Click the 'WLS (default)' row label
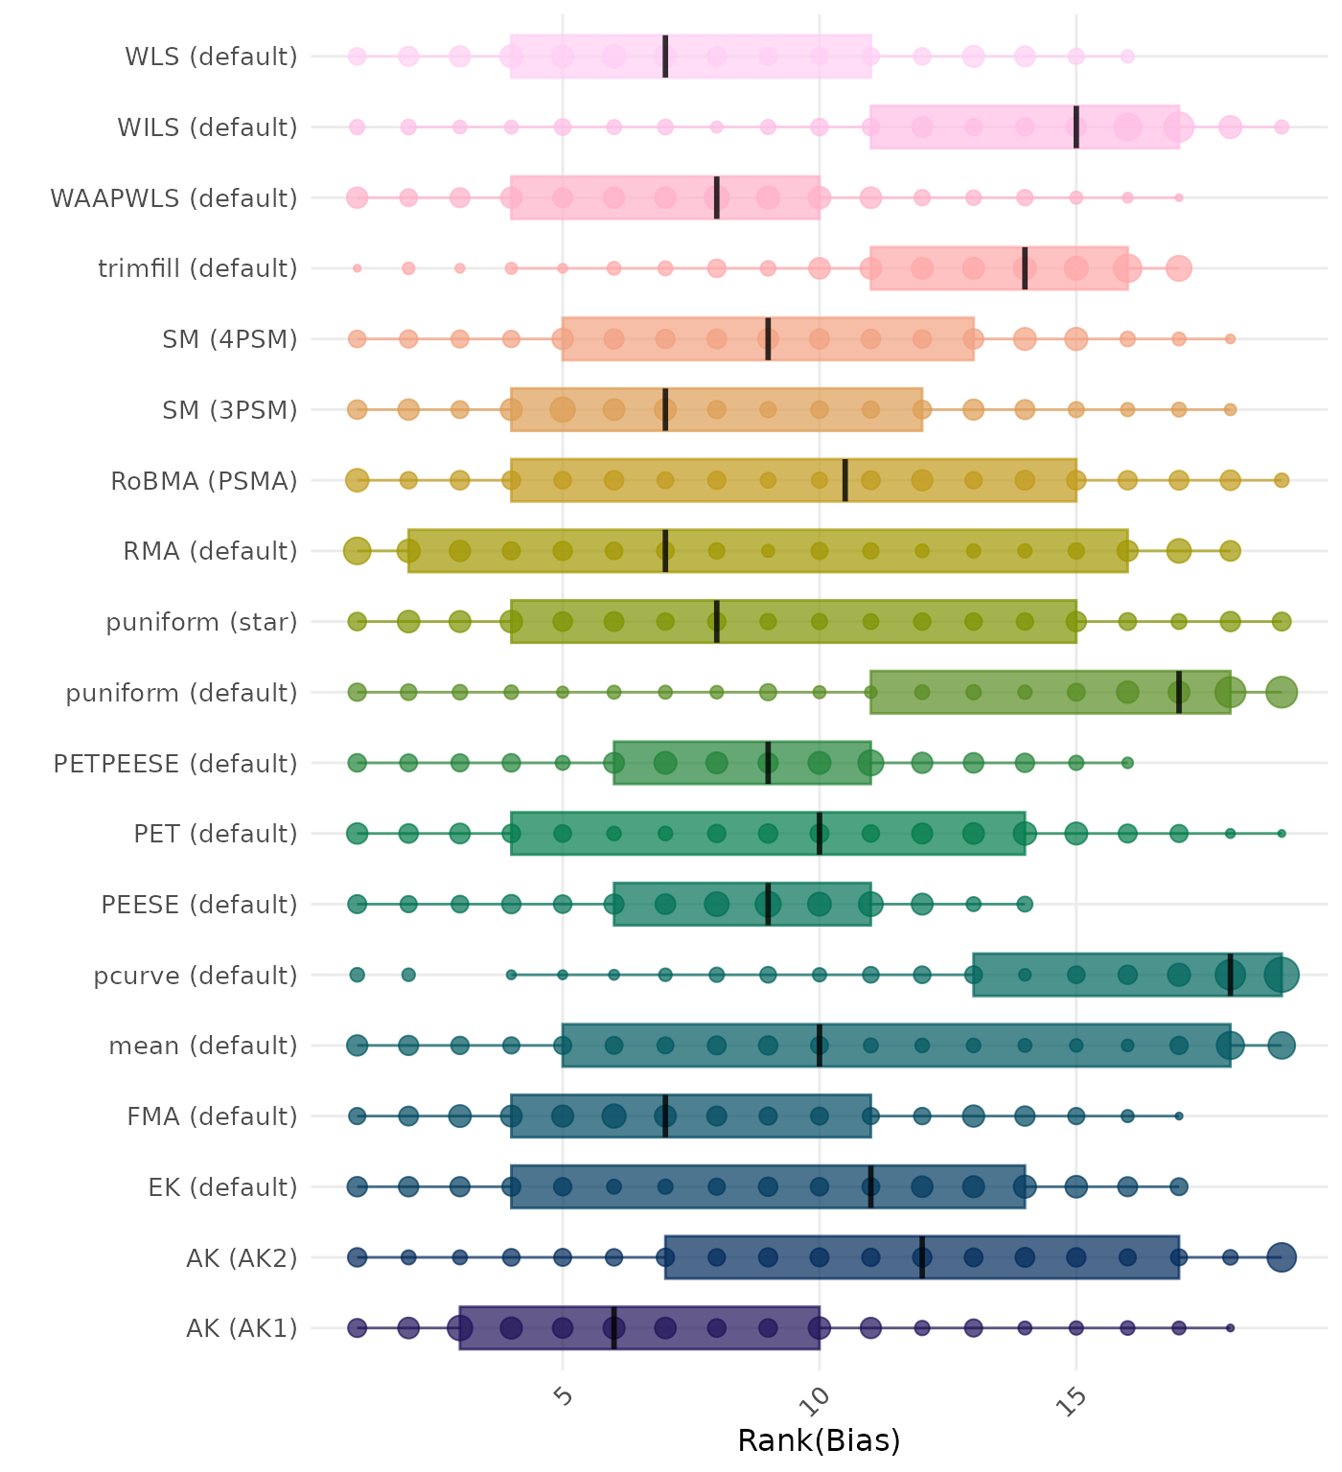point(211,57)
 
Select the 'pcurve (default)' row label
point(196,976)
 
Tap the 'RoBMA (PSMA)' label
point(204,481)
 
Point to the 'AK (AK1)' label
point(242,1329)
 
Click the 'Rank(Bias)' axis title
point(819,1440)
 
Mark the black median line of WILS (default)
point(1076,127)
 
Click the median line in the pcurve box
point(1231,975)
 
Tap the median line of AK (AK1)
point(613,1328)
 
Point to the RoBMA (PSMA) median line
point(845,480)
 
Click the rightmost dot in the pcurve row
point(1282,975)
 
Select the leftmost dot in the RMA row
point(357,551)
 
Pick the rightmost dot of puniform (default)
point(1282,692)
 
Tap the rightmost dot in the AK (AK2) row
point(1282,1257)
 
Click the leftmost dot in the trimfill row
point(357,268)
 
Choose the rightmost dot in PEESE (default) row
point(1025,904)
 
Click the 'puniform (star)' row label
point(201,623)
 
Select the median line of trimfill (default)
point(1025,268)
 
